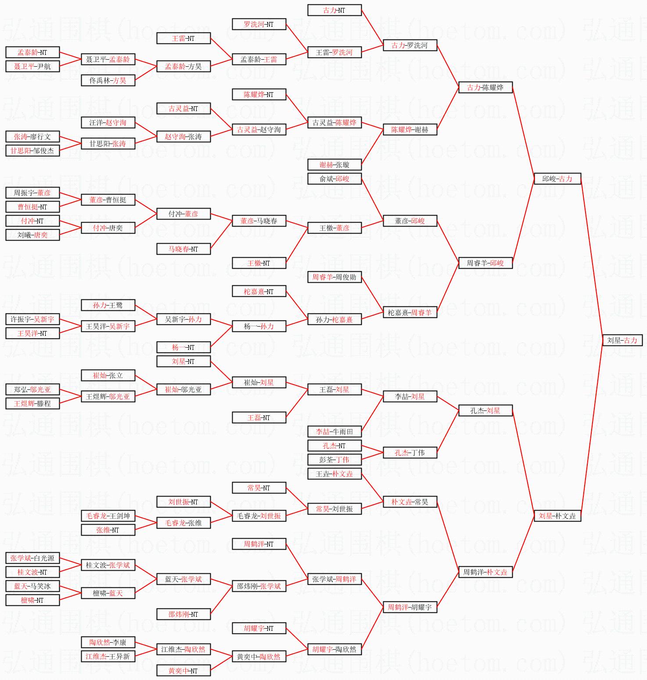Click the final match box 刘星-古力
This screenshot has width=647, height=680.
622,340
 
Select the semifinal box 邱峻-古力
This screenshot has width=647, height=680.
557,179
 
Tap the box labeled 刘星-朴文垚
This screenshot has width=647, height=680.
557,516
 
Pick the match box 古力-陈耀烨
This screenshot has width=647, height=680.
485,87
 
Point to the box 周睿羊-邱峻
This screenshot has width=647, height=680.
485,263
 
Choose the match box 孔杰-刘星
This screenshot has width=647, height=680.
485,410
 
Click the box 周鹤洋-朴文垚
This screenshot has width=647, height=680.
485,572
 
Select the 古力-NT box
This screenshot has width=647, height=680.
334,10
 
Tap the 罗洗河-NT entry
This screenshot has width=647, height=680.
259,24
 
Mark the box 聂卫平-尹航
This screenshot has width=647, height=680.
32,66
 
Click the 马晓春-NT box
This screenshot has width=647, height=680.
183,249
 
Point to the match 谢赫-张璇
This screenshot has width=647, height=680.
334,165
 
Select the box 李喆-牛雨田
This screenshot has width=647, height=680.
334,432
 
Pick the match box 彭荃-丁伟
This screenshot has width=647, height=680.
334,460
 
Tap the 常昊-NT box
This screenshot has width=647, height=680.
259,488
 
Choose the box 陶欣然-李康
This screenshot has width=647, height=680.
108,642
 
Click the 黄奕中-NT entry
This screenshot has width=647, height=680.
183,670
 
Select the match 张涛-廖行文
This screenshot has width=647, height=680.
32,137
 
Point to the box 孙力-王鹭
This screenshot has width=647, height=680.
108,305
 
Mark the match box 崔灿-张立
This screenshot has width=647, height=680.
108,375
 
